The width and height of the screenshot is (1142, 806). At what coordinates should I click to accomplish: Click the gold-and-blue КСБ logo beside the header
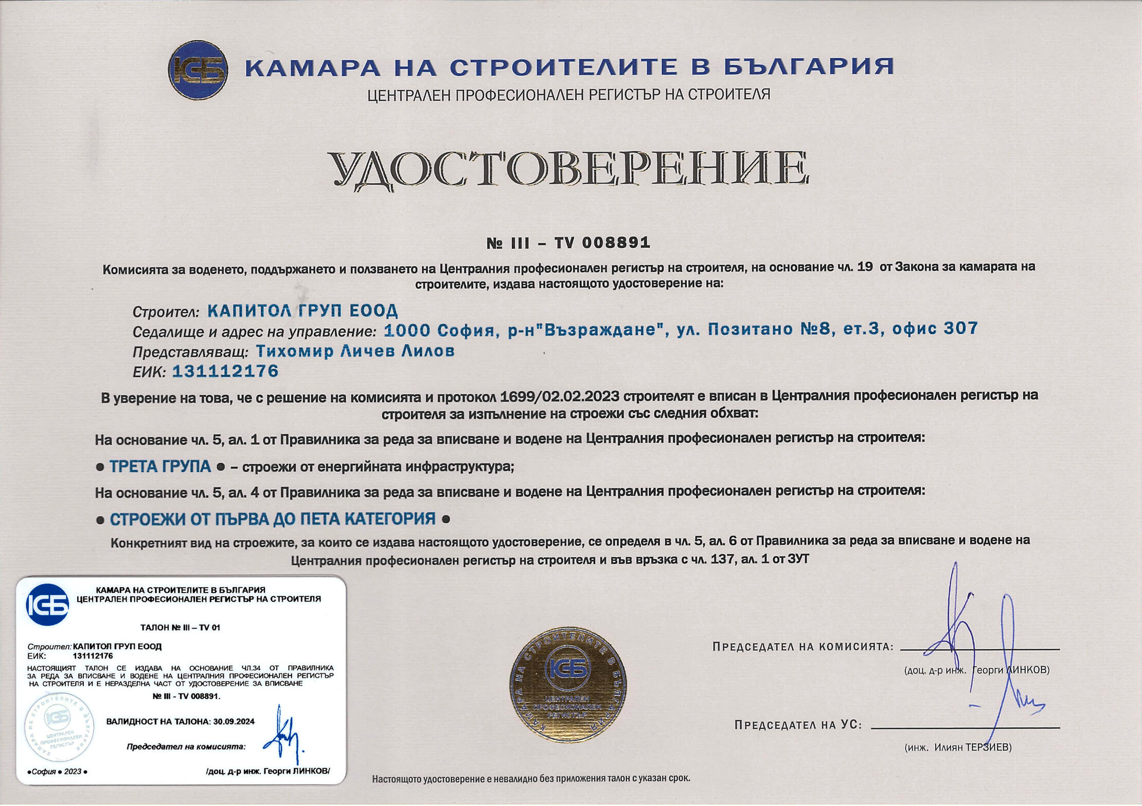point(198,70)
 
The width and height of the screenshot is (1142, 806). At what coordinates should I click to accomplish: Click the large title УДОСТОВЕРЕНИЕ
point(568,169)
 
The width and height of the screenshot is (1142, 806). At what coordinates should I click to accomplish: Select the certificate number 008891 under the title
point(616,243)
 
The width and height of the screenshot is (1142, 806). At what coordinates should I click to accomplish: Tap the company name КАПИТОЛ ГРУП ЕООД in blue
point(302,310)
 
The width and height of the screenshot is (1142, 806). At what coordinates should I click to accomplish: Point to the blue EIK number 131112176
point(225,371)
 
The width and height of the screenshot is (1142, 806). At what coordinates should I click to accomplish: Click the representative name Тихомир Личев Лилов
point(355,351)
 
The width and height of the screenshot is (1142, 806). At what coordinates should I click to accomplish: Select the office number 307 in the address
point(960,328)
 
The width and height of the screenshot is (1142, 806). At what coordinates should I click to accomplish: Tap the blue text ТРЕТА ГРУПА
point(160,467)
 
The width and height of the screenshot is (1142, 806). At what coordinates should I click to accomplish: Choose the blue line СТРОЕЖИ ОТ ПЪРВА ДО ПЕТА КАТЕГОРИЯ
point(273,519)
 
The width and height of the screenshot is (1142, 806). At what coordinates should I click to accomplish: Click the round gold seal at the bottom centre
point(568,684)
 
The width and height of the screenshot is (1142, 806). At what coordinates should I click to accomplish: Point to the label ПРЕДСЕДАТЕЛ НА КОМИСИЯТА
point(802,647)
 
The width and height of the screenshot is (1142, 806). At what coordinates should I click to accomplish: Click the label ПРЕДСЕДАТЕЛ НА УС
point(798,725)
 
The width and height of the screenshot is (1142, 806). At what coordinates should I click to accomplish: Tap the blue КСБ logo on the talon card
point(47,604)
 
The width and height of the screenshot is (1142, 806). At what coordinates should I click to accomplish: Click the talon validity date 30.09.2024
point(234,721)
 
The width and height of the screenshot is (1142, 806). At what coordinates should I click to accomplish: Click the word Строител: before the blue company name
point(166,312)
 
